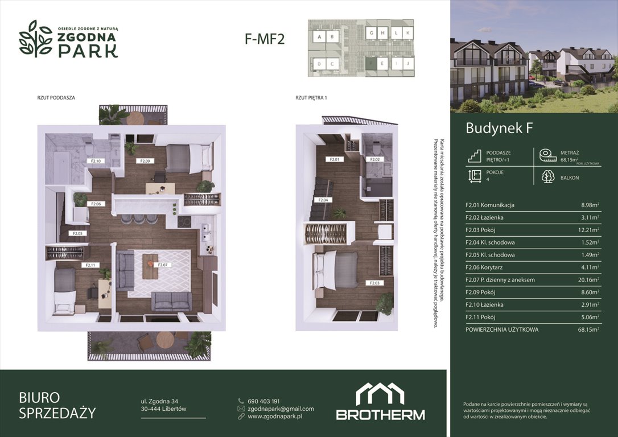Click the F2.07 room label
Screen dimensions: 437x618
click(x=163, y=265)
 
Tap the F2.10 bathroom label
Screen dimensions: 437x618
click(x=96, y=161)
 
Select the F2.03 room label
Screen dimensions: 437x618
click(x=373, y=283)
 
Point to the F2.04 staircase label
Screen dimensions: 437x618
click(x=323, y=200)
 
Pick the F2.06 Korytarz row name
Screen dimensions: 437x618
click(x=484, y=267)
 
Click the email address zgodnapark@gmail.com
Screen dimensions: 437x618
click(x=281, y=409)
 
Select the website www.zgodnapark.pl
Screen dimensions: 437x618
click(x=274, y=417)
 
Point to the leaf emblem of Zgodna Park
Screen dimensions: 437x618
click(x=36, y=39)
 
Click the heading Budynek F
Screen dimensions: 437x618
click(x=499, y=129)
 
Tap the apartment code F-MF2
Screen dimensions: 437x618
click(x=264, y=39)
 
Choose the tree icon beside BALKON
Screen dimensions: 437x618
click(x=548, y=177)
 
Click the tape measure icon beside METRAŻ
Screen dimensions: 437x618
click(x=547, y=155)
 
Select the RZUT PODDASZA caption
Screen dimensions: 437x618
click(x=56, y=98)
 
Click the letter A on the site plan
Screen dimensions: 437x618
click(x=319, y=37)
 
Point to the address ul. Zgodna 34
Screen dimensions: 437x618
click(x=159, y=401)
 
